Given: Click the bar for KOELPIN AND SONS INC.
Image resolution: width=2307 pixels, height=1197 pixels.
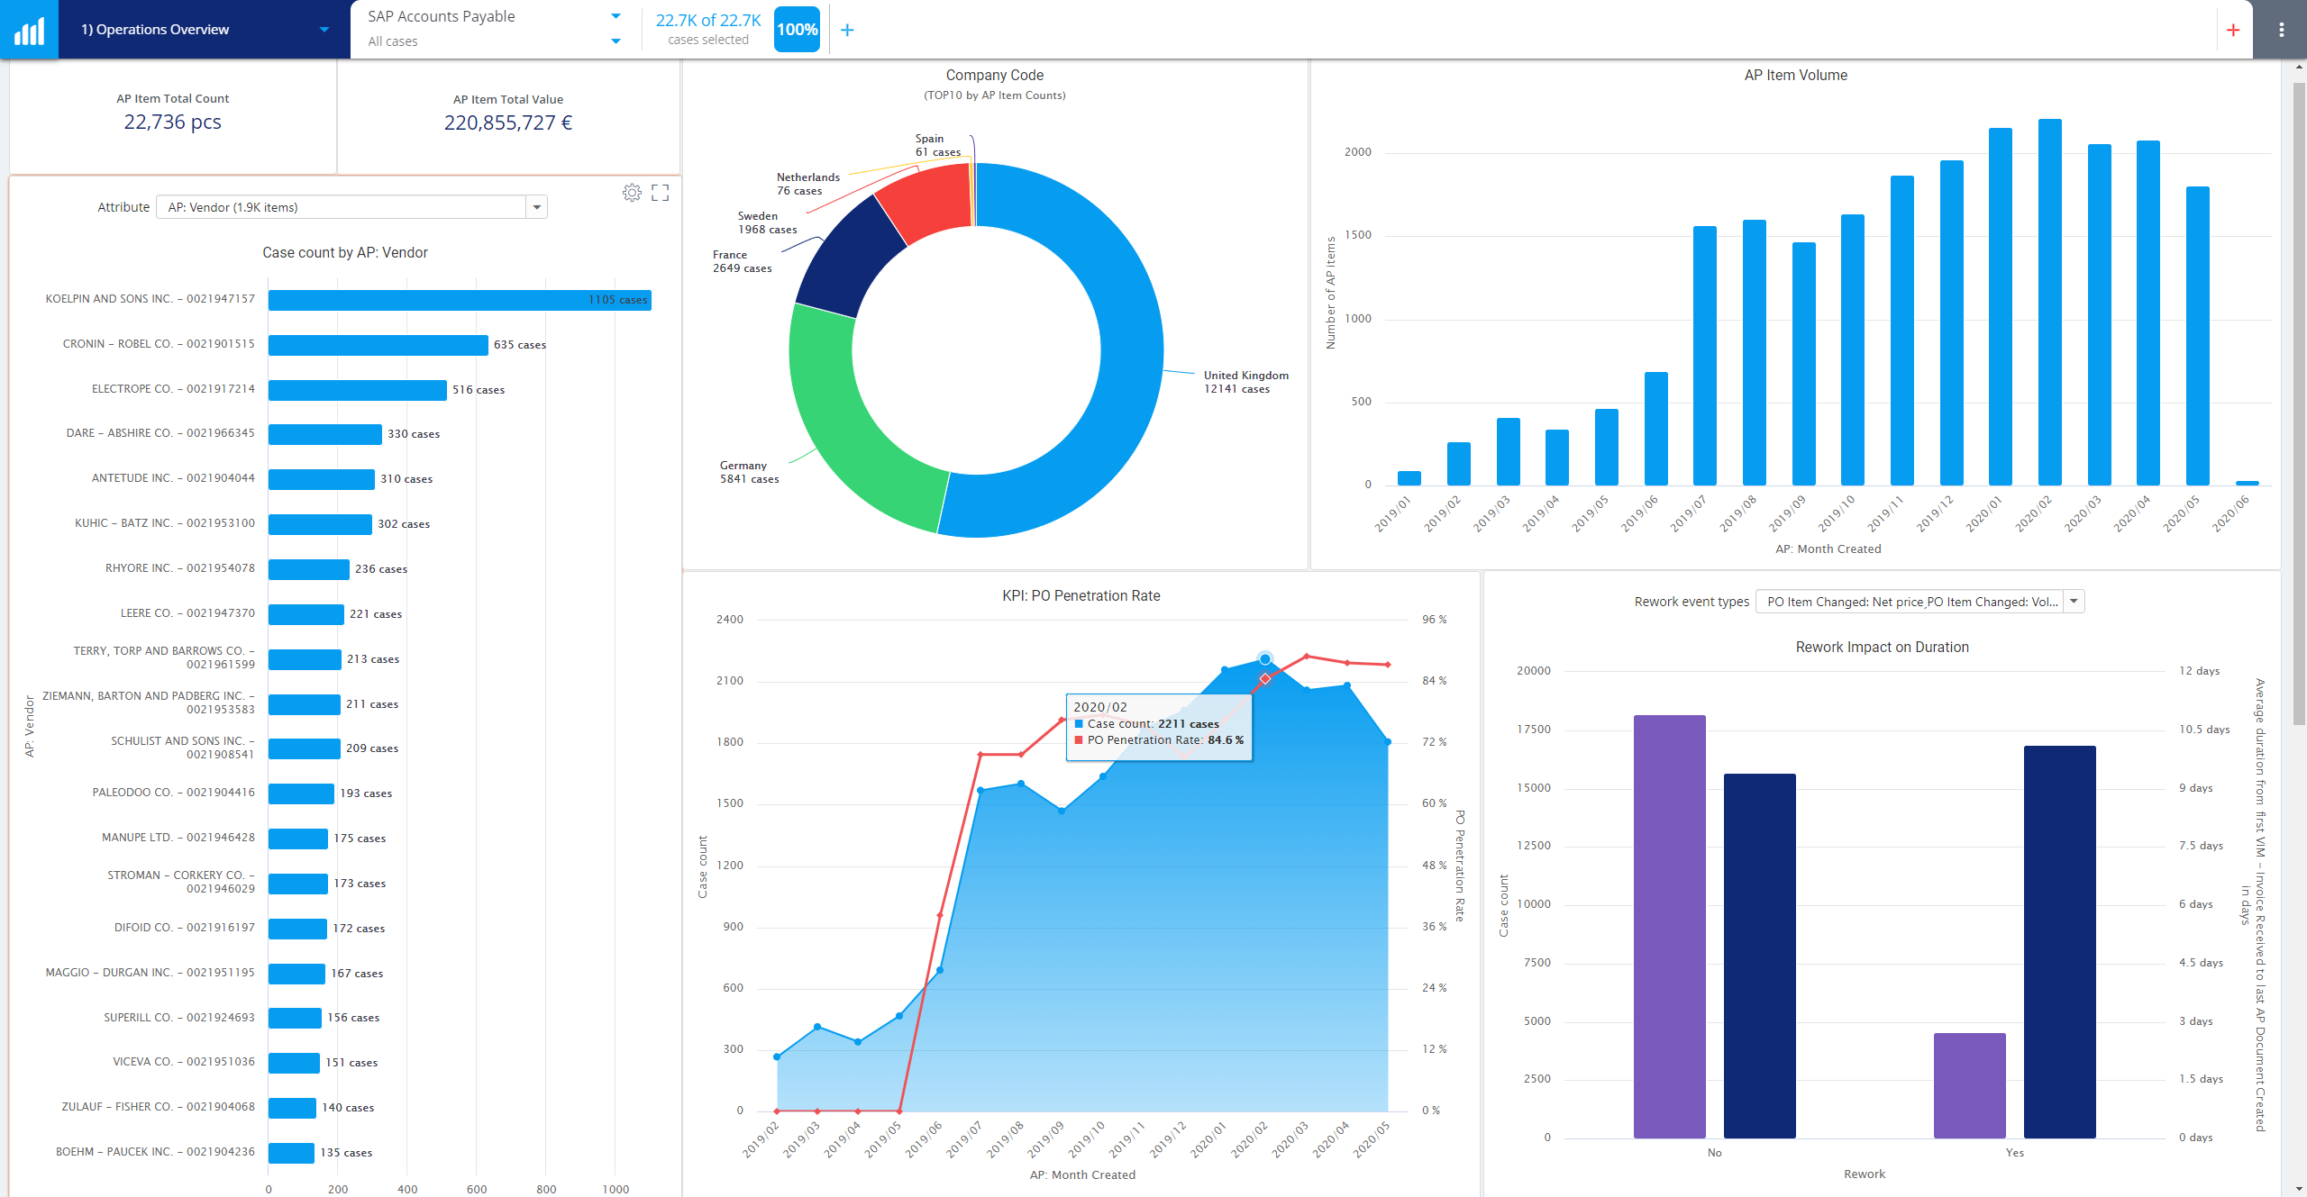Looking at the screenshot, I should pyautogui.click(x=460, y=300).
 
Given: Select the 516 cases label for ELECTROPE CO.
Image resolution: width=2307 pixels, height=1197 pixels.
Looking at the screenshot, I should pyautogui.click(x=479, y=390).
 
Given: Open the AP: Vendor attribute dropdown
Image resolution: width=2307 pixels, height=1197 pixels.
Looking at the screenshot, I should pyautogui.click(x=536, y=207).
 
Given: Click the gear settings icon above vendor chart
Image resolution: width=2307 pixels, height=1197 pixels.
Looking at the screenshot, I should pyautogui.click(x=632, y=193).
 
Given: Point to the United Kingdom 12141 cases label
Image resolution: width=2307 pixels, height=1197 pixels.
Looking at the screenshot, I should pyautogui.click(x=1245, y=382).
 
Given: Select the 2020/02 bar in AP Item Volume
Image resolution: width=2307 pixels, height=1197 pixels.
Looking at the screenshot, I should pyautogui.click(x=2049, y=302).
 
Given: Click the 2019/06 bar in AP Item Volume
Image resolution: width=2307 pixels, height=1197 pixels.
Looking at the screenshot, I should pyautogui.click(x=1655, y=428).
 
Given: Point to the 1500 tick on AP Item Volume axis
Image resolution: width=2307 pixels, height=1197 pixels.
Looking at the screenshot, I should pyautogui.click(x=1357, y=235).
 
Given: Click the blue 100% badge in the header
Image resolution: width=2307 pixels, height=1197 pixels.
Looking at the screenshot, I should pyautogui.click(x=797, y=30).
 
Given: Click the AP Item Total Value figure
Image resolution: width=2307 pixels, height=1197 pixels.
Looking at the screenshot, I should pyautogui.click(x=508, y=122).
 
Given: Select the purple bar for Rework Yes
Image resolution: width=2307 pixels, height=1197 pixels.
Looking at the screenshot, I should pyautogui.click(x=1969, y=1084).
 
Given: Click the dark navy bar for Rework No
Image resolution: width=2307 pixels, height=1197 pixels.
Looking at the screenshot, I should pyautogui.click(x=1759, y=955).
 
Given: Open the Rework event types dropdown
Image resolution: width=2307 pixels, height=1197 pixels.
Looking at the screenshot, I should pyautogui.click(x=2074, y=602).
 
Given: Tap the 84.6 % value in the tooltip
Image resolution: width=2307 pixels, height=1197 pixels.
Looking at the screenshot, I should pyautogui.click(x=1226, y=740).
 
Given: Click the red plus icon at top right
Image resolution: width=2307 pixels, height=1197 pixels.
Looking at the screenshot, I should pyautogui.click(x=2233, y=30).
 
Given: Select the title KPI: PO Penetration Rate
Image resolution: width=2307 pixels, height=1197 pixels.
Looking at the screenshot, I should pyautogui.click(x=1081, y=595).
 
